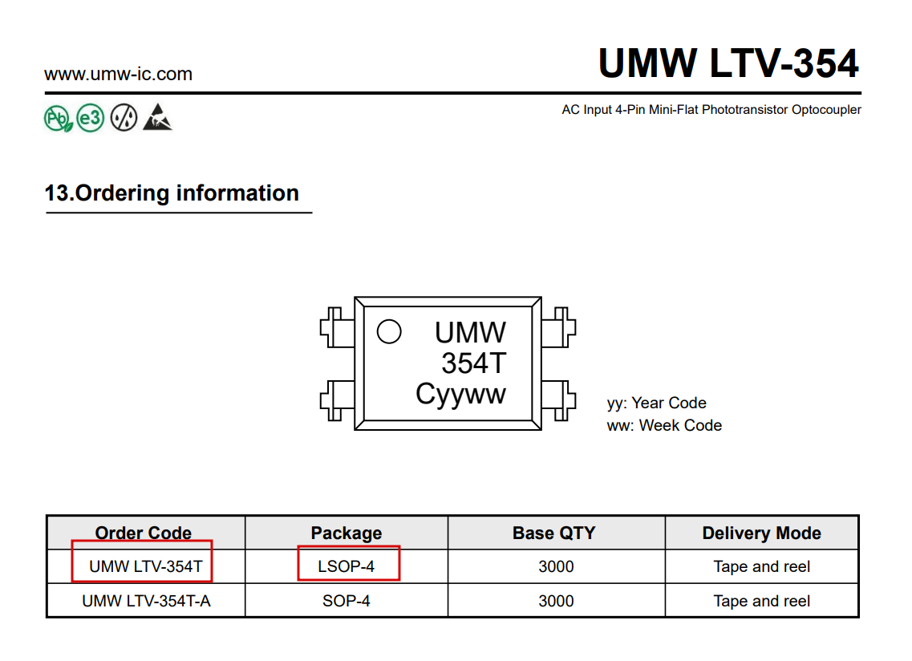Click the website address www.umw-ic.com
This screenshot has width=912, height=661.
click(x=118, y=75)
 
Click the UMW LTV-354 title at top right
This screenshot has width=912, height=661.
click(x=728, y=63)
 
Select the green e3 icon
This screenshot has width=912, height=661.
click(x=91, y=119)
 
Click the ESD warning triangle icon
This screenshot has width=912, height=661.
click(x=157, y=118)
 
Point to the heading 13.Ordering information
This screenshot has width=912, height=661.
click(x=172, y=193)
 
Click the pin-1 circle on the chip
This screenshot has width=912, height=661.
click(x=389, y=331)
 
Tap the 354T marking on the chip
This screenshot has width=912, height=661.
click(x=473, y=363)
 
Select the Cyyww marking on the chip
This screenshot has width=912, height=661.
click(x=460, y=394)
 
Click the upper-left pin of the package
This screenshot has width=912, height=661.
click(x=336, y=328)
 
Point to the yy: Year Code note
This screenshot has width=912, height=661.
click(x=656, y=403)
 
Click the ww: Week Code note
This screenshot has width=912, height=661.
click(x=664, y=425)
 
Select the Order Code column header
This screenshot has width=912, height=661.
click(x=144, y=533)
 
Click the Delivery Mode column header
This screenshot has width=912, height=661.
click(x=761, y=533)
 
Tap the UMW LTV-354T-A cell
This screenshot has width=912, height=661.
click(x=146, y=601)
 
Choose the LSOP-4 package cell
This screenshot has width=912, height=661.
click(x=347, y=566)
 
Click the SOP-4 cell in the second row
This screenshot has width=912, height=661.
click(x=347, y=601)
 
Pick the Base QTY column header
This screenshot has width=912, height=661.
click(x=554, y=533)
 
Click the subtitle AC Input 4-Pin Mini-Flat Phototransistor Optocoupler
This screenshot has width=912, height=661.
click(x=711, y=110)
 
